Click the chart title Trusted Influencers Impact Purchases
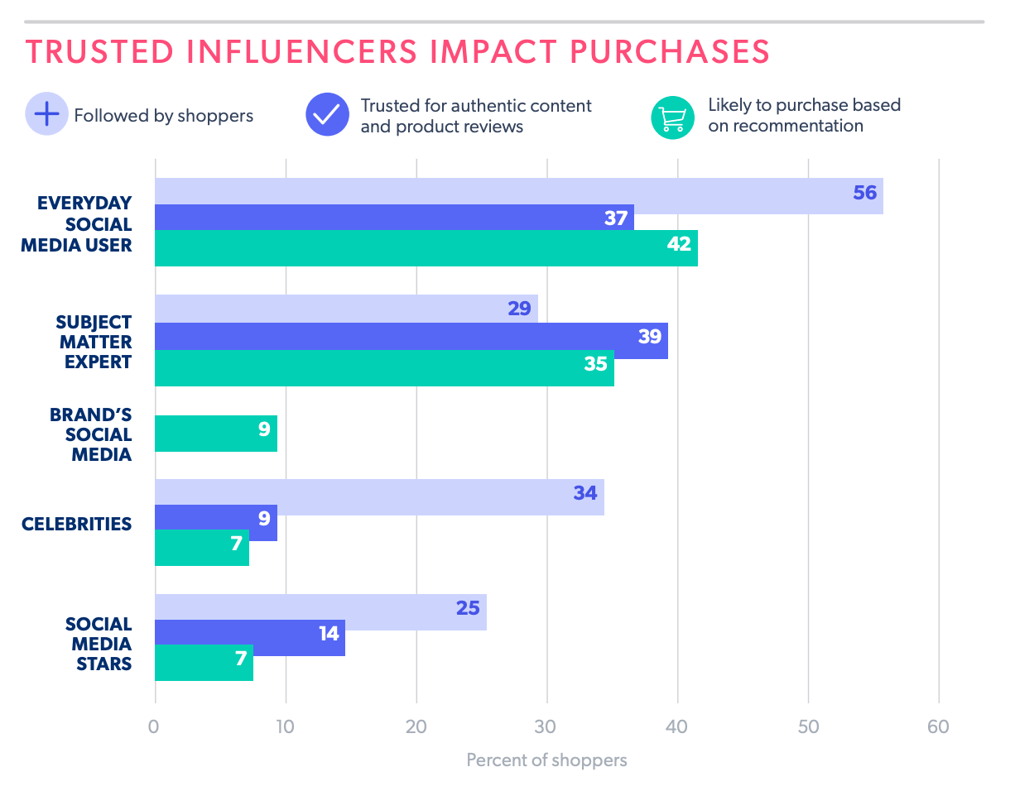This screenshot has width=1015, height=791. [397, 51]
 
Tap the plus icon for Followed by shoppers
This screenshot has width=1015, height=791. [47, 115]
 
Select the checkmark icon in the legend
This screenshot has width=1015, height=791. [328, 115]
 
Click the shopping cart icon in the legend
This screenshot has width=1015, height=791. [672, 117]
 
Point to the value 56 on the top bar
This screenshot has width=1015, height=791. [864, 193]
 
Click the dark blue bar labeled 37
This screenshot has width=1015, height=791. [394, 218]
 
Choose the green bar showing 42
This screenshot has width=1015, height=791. [426, 248]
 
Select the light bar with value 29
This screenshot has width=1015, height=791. [346, 309]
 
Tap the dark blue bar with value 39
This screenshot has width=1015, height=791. [411, 336]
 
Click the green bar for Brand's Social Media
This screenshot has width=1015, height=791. [216, 434]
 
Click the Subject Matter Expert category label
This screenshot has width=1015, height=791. [94, 342]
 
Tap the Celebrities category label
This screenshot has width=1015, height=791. [77, 524]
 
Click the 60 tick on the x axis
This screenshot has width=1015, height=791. [938, 727]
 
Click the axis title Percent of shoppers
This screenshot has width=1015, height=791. [546, 760]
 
